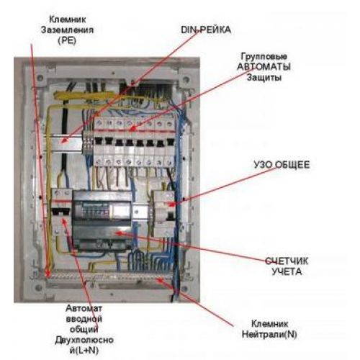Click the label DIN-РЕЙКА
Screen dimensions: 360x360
pyautogui.click(x=206, y=30)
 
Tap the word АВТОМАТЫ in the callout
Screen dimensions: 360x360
pyautogui.click(x=264, y=67)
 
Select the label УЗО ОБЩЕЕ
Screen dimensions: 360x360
pyautogui.click(x=282, y=165)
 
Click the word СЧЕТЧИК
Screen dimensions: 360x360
pyautogui.click(x=287, y=261)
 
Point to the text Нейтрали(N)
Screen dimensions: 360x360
pyautogui.click(x=269, y=334)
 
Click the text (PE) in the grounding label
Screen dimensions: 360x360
pyautogui.click(x=67, y=40)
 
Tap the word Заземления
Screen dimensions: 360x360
pyautogui.click(x=67, y=30)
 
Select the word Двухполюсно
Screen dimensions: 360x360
pyautogui.click(x=84, y=340)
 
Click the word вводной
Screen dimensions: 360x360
pyautogui.click(x=84, y=319)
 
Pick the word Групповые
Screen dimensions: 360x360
pyautogui.click(x=264, y=57)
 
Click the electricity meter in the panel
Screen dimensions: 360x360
pyautogui.click(x=102, y=221)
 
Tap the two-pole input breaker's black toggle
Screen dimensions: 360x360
pyautogui.click(x=61, y=211)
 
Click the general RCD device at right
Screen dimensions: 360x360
pyautogui.click(x=164, y=214)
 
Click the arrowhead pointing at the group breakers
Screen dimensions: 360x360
pyautogui.click(x=132, y=129)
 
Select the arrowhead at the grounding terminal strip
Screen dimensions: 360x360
pyautogui.click(x=48, y=274)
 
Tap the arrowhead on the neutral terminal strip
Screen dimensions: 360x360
pyautogui.click(x=160, y=280)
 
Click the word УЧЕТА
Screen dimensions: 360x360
pyautogui.click(x=287, y=271)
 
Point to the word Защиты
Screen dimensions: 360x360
pyautogui.click(x=264, y=77)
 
